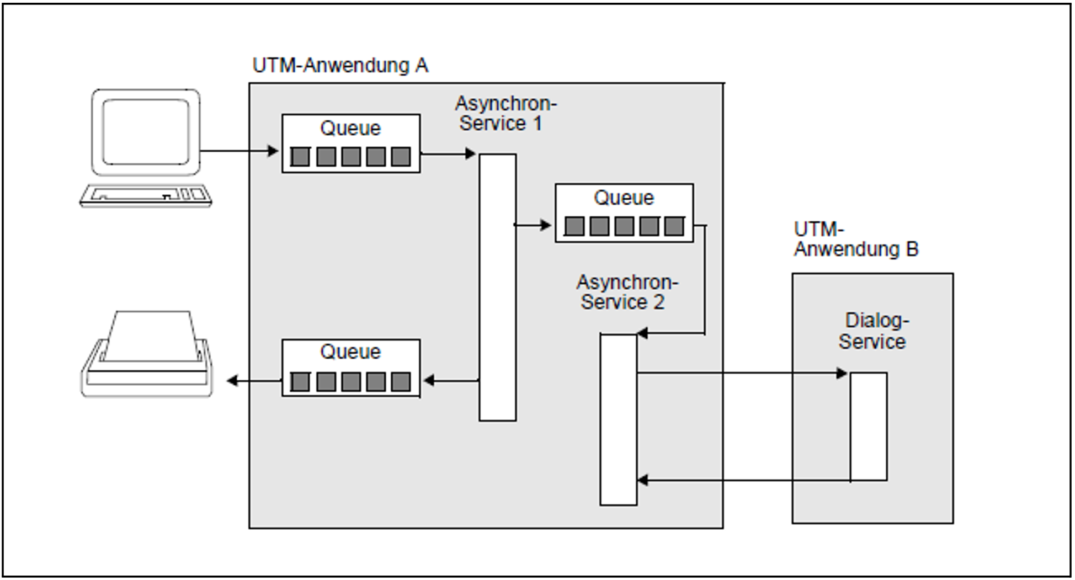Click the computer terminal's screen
[x=146, y=132]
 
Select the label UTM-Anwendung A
[x=340, y=66]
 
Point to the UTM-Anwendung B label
[x=855, y=240]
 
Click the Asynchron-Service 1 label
[x=505, y=114]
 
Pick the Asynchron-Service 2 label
[x=627, y=292]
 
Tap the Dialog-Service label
[x=873, y=331]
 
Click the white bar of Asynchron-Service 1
[x=497, y=287]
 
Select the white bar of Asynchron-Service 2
[x=618, y=419]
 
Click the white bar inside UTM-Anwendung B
[x=868, y=426]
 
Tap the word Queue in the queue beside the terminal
[x=350, y=129]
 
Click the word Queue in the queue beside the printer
[x=350, y=352]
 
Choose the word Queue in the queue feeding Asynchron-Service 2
[x=624, y=198]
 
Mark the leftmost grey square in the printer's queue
[x=300, y=382]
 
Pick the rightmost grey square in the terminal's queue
[x=401, y=157]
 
